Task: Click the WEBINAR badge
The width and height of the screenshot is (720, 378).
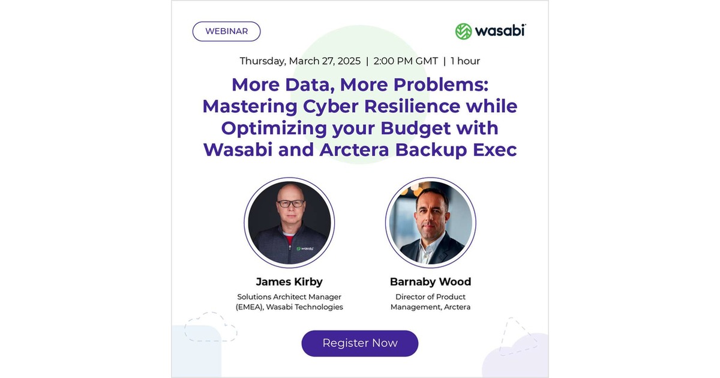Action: (x=226, y=31)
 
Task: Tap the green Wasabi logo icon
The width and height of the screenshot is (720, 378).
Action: (x=463, y=31)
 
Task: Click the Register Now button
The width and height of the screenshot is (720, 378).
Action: (x=359, y=343)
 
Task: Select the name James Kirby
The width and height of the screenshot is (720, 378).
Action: (x=289, y=281)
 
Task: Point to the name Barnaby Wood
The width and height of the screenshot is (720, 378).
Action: (x=430, y=281)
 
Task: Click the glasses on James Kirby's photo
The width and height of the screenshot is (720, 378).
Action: (x=290, y=203)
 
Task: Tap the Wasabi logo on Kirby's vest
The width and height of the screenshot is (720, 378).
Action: (x=304, y=248)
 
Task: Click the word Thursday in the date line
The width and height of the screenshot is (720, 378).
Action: (x=263, y=61)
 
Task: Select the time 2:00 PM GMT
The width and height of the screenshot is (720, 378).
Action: (x=406, y=61)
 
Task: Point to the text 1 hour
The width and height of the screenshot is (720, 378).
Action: (x=465, y=61)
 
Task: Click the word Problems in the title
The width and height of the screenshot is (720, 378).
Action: (x=440, y=85)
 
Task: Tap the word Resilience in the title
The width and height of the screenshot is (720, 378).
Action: (x=412, y=106)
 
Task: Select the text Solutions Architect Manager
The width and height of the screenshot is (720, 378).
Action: (x=289, y=296)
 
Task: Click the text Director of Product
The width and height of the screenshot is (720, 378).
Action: (x=430, y=296)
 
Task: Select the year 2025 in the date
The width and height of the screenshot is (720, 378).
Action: (x=349, y=61)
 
